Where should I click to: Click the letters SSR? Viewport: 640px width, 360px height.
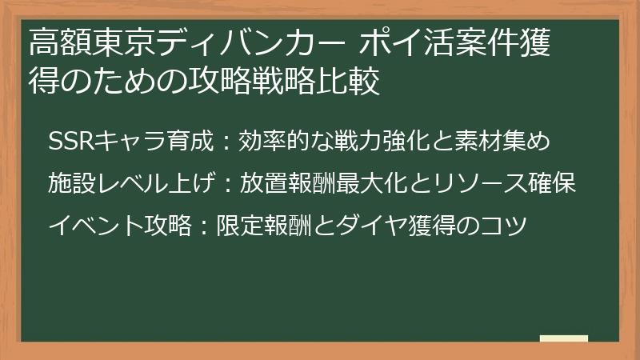tap(70, 142)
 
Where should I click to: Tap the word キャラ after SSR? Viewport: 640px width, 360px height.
tap(129, 142)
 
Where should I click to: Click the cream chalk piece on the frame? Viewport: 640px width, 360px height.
tap(563, 338)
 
